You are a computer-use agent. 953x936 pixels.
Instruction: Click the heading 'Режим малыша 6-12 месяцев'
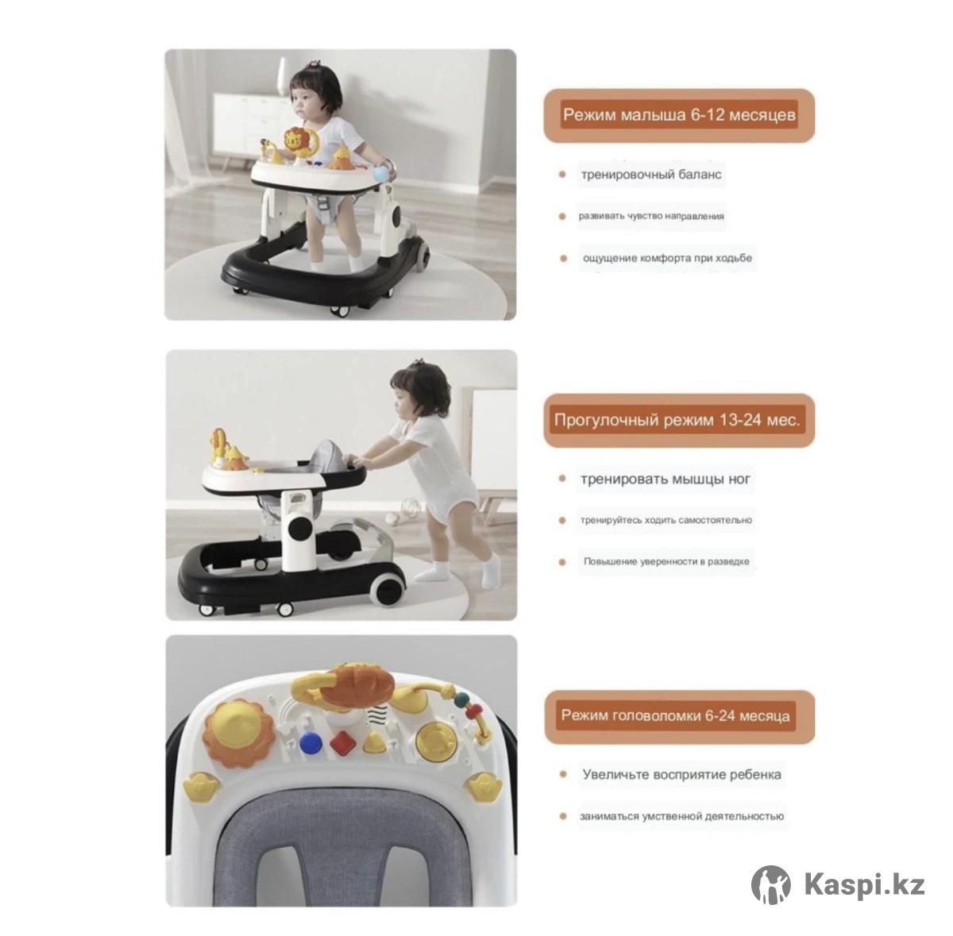click(x=679, y=115)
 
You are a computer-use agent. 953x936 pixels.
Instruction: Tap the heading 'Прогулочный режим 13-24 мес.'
click(x=677, y=420)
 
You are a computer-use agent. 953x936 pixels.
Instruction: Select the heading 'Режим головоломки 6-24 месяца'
click(x=675, y=715)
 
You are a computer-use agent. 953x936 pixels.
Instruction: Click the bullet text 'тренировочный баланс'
click(x=651, y=175)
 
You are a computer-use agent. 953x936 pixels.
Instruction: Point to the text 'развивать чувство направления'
click(x=651, y=216)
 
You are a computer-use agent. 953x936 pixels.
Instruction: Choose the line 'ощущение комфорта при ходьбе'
click(x=667, y=258)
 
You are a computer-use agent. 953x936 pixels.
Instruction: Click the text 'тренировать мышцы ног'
click(x=666, y=480)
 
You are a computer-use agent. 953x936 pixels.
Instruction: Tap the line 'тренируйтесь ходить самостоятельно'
click(x=666, y=520)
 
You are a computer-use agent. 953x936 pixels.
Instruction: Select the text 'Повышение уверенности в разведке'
click(x=666, y=561)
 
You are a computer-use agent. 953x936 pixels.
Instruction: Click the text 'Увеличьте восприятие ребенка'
click(x=681, y=774)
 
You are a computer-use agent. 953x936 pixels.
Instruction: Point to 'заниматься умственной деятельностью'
click(x=682, y=816)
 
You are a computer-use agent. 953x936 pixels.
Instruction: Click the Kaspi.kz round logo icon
click(x=770, y=885)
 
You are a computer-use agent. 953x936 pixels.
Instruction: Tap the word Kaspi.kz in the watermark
click(x=864, y=884)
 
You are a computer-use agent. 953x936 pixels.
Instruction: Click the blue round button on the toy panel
click(x=310, y=742)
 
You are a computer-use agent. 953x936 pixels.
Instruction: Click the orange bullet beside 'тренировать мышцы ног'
click(x=561, y=479)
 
